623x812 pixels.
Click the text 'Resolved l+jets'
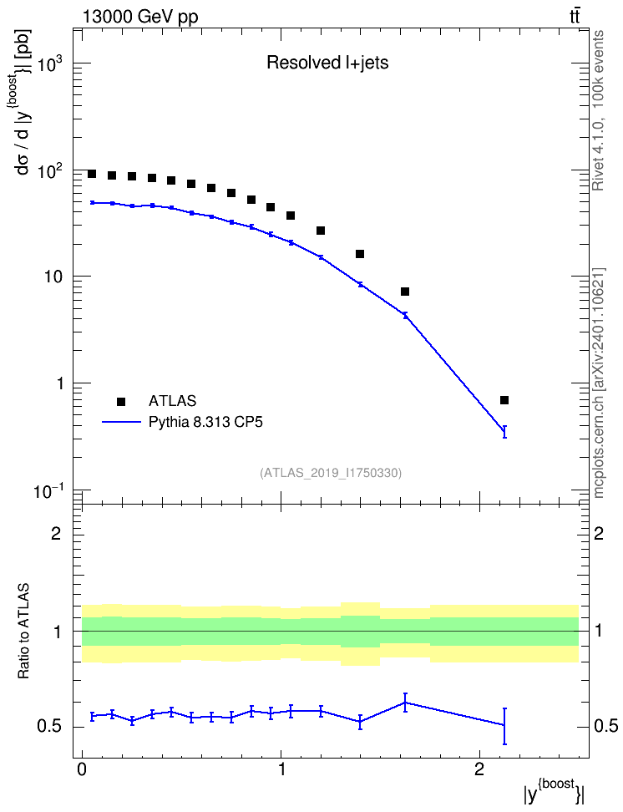click(x=327, y=63)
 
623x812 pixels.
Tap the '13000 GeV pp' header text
click(x=140, y=17)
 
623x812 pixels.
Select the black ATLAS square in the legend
click(x=121, y=401)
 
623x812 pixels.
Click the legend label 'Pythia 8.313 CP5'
click(x=205, y=422)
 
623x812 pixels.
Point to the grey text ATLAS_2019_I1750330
click(x=331, y=472)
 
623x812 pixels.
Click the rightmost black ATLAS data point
click(x=504, y=400)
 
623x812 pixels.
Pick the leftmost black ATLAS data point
click(x=92, y=174)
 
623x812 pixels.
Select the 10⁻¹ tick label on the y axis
click(x=48, y=491)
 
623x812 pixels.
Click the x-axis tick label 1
click(x=281, y=769)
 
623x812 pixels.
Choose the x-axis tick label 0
click(x=82, y=769)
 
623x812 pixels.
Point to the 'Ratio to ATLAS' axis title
click(x=23, y=631)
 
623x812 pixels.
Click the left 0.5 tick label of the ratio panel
click(x=50, y=727)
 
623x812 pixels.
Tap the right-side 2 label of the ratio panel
click(x=599, y=533)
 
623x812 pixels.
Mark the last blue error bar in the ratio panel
click(x=504, y=726)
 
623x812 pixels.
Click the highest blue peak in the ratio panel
click(x=406, y=703)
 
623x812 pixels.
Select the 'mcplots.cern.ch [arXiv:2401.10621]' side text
click(x=599, y=383)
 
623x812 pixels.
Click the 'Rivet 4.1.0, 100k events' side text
click(x=599, y=110)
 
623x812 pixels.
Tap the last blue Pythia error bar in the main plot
click(x=504, y=432)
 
